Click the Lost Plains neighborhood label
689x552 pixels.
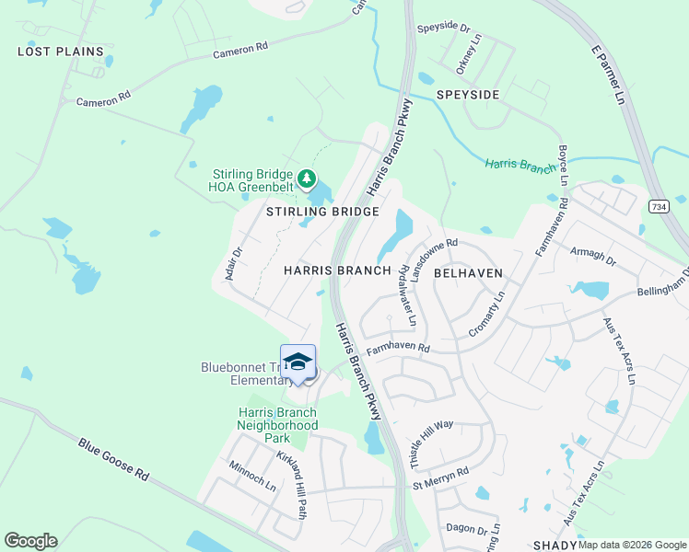61,52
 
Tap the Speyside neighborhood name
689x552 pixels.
468,95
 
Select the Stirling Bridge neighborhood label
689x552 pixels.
322,212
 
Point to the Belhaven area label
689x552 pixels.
468,273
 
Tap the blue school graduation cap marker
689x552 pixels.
298,362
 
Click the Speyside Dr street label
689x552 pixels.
446,29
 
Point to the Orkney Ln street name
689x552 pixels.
468,54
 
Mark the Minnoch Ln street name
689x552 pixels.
251,476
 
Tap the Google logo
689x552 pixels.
30,541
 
